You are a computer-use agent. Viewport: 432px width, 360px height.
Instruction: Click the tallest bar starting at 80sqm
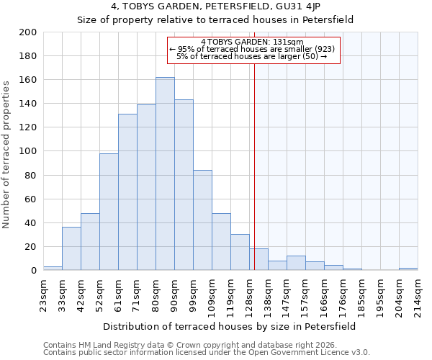click(165, 174)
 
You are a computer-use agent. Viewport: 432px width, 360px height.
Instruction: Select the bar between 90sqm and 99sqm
click(184, 185)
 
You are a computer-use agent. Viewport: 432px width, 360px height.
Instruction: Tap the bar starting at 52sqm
click(109, 212)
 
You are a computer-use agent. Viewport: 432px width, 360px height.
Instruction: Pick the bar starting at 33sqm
click(71, 248)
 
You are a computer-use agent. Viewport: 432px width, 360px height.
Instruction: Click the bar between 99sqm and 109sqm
click(202, 220)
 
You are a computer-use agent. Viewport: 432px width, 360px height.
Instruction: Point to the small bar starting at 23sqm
click(53, 268)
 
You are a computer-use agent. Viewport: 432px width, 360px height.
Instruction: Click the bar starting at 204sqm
click(408, 269)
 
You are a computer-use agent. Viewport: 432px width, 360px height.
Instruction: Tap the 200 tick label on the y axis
click(28, 32)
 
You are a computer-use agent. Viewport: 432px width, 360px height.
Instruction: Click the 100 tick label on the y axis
click(28, 151)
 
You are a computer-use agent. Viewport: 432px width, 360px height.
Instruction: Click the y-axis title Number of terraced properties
click(8, 154)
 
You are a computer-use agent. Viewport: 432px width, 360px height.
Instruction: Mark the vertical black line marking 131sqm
click(254, 180)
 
